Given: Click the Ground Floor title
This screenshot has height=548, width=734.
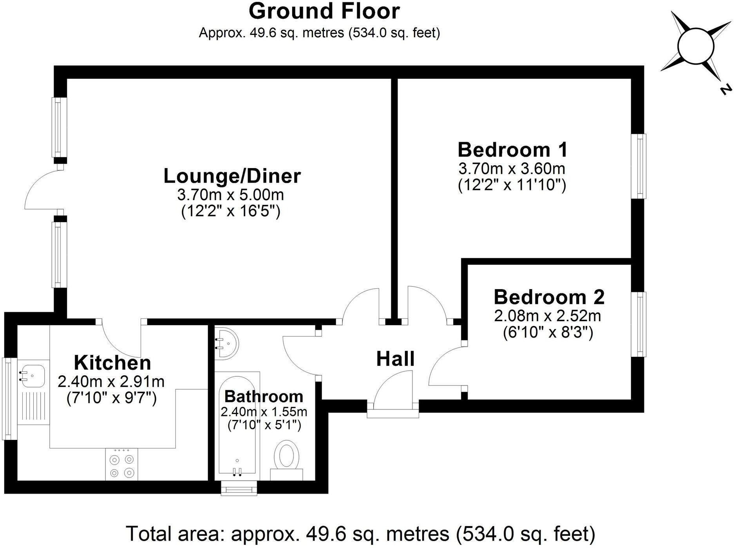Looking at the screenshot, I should (x=324, y=11).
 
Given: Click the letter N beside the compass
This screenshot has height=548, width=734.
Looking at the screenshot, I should (x=725, y=90).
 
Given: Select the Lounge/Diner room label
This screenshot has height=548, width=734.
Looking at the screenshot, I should (x=232, y=176).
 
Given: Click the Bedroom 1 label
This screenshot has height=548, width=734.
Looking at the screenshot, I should (x=512, y=150).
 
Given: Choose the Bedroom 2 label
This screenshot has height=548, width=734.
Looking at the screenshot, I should (x=549, y=297).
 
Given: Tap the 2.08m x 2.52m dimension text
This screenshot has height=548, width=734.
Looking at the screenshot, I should (x=547, y=315).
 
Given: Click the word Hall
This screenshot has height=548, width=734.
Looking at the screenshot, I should (x=395, y=359).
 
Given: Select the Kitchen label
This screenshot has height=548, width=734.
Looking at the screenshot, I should (x=112, y=363).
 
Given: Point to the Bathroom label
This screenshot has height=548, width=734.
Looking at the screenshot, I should (x=264, y=396).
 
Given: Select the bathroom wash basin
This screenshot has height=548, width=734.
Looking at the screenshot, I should (x=226, y=343).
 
